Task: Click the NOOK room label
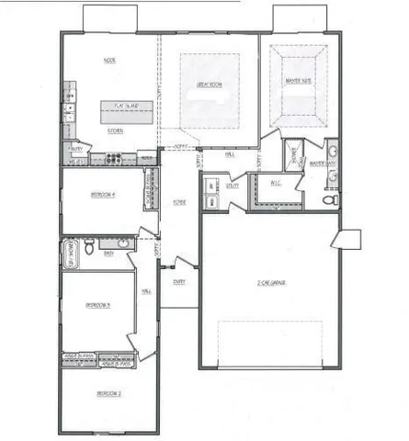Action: (108, 62)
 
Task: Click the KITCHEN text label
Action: (115, 130)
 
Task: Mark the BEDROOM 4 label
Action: (102, 195)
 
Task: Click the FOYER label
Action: (180, 203)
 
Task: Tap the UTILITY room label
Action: (233, 185)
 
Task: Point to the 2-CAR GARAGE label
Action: (272, 282)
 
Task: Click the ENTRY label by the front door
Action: (176, 281)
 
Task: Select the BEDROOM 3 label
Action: (97, 305)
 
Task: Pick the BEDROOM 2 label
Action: (108, 393)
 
